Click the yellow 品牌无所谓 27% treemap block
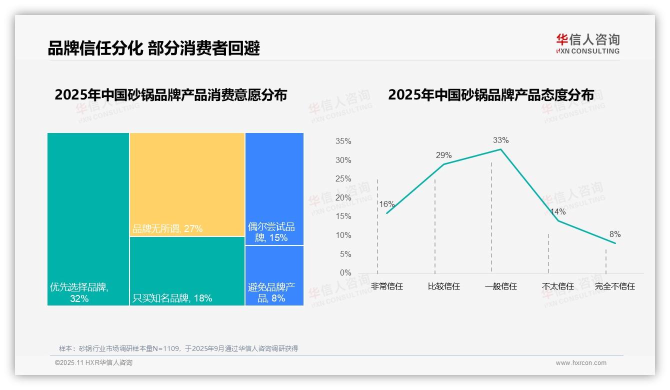[x=187, y=184]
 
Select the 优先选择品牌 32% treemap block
[x=88, y=218]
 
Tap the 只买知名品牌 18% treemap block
[x=187, y=270]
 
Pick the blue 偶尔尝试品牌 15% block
[x=274, y=189]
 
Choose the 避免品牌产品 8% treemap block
[x=274, y=275]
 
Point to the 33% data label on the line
[x=500, y=140]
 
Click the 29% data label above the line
[x=443, y=155]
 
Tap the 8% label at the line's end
[x=614, y=234]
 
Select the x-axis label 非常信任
[x=386, y=286]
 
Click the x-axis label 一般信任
[x=500, y=286]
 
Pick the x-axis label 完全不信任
[x=614, y=286]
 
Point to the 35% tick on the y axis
[x=343, y=141]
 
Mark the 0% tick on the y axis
[x=345, y=273]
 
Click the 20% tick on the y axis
[x=343, y=198]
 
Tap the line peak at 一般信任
[x=500, y=149]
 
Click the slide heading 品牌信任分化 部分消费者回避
[x=153, y=48]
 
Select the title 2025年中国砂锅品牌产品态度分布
[x=490, y=95]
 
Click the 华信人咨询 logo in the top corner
[x=587, y=43]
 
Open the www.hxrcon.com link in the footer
[x=580, y=363]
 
